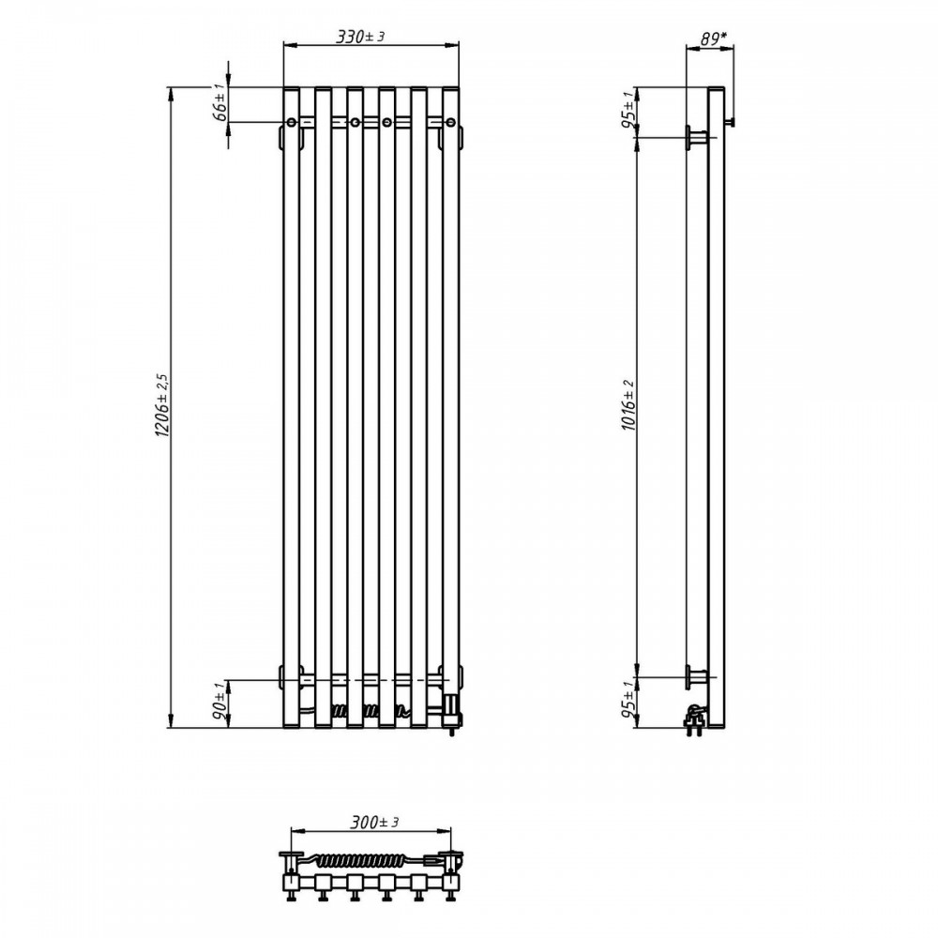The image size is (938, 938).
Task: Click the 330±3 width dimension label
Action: [360, 37]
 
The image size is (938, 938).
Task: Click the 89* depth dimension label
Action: [713, 38]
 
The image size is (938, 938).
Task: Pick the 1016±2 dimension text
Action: [628, 405]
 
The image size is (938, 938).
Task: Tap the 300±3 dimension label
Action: [374, 822]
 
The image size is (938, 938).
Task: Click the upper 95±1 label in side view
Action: [628, 111]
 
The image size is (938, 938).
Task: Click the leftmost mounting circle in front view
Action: [291, 123]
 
